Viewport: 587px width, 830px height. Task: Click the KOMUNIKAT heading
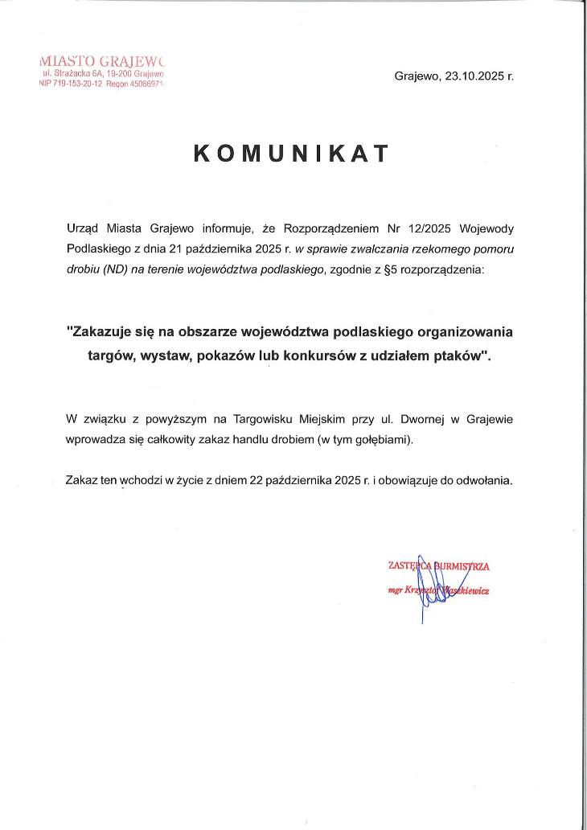(x=292, y=154)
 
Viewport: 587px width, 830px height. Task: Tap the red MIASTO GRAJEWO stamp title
(x=101, y=60)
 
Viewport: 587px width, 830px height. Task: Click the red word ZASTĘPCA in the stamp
(x=407, y=566)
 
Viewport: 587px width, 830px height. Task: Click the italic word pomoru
(x=494, y=249)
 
